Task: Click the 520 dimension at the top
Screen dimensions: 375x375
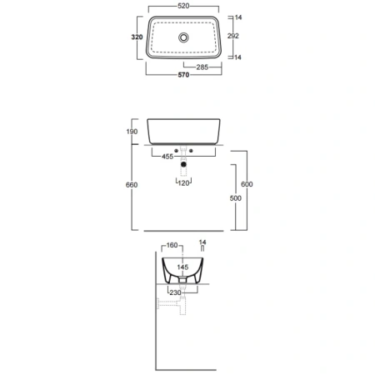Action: pyautogui.click(x=183, y=6)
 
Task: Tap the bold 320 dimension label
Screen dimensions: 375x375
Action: pyautogui.click(x=137, y=37)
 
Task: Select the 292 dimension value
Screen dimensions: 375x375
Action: pyautogui.click(x=232, y=36)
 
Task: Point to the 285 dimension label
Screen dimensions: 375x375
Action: pyautogui.click(x=202, y=67)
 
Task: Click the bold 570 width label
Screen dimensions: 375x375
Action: pyautogui.click(x=183, y=75)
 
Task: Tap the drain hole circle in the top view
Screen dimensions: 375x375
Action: pyautogui.click(x=183, y=37)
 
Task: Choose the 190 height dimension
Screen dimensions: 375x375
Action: pyautogui.click(x=132, y=132)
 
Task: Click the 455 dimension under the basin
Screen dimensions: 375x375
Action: pyautogui.click(x=167, y=157)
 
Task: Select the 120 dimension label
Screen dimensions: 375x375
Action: pyautogui.click(x=183, y=183)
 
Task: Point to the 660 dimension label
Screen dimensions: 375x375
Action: pyautogui.click(x=132, y=185)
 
